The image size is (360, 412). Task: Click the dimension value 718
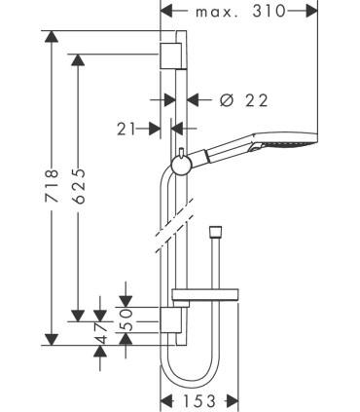pos(52,186)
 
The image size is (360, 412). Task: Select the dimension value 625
pos(78,186)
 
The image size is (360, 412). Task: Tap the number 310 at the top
pos(269,12)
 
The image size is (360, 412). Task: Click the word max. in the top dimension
pos(217,13)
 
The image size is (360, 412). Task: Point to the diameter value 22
pos(257,100)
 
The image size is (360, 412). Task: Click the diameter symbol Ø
pos(227,100)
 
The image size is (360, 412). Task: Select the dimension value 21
pos(126,130)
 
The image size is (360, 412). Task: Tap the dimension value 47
pos(100,334)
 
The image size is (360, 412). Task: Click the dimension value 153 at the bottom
pos(199,401)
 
